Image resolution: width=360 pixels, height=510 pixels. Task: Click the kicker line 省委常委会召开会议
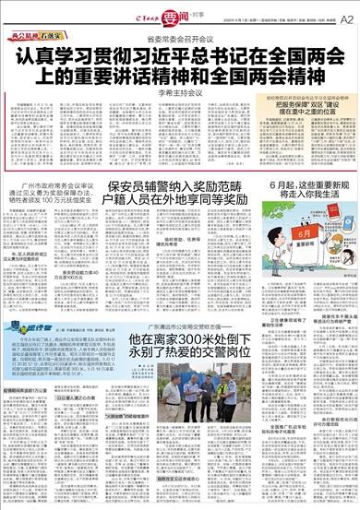tap(180, 42)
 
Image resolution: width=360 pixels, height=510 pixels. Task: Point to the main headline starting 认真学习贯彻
tap(180, 73)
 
